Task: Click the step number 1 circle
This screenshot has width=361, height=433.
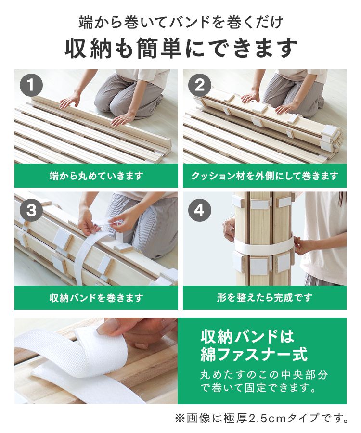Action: (x=31, y=85)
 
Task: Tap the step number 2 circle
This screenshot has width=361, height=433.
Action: (x=199, y=85)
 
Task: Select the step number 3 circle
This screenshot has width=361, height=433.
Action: (x=31, y=210)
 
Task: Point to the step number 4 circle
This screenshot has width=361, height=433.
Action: (x=199, y=210)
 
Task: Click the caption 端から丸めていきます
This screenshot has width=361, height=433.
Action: (x=96, y=176)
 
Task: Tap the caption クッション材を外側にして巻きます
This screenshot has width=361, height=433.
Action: (x=265, y=176)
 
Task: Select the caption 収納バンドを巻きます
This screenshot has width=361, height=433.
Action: (x=96, y=298)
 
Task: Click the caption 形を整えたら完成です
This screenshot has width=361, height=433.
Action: (x=265, y=297)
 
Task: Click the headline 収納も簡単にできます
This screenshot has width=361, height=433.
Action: (x=180, y=49)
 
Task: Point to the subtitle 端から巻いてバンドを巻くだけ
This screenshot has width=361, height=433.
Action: (x=180, y=22)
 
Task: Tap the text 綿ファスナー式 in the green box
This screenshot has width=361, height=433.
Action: (x=254, y=354)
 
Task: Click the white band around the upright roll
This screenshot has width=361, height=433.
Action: (x=264, y=245)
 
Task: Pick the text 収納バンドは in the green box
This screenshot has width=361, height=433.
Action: (x=247, y=337)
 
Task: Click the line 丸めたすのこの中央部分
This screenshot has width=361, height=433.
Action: (x=264, y=375)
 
